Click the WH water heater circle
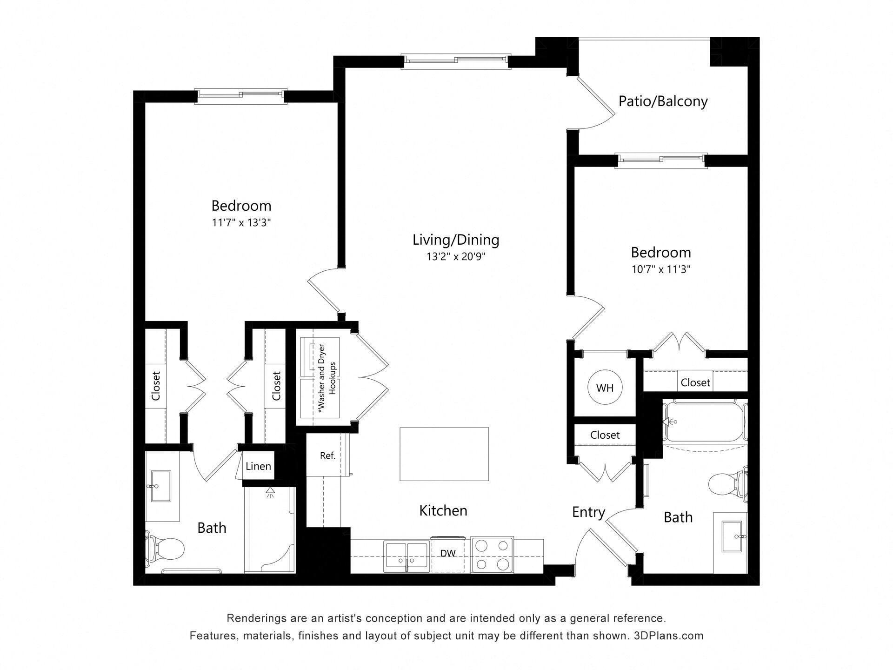605,388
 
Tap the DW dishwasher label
448,553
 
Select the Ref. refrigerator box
327,456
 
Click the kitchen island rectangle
444,454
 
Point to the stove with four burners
492,555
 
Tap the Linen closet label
258,466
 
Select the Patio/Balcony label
663,101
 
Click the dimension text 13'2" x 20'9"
456,257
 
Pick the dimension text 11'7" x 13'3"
241,223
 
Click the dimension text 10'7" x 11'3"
660,269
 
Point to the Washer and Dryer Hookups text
327,378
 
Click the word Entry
588,512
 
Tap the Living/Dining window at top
456,60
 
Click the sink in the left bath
160,486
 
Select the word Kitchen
443,511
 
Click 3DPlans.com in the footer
668,636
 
